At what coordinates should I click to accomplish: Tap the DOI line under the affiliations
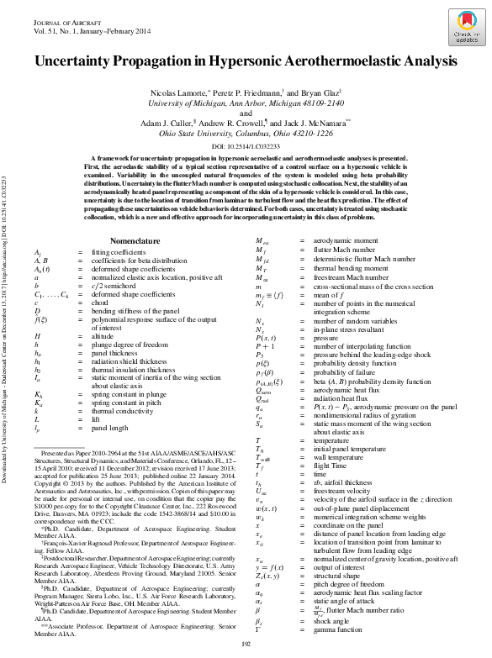[245, 145]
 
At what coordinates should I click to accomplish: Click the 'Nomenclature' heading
[141, 240]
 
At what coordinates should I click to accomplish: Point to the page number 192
[246, 643]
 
